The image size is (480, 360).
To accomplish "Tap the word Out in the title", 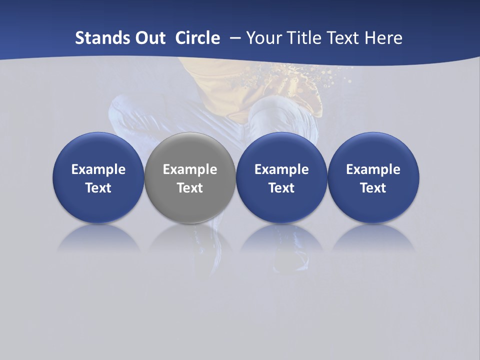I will tap(144, 38).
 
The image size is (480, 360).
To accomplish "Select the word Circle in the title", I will tap(197, 38).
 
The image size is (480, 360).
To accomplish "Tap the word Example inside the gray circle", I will tap(190, 169).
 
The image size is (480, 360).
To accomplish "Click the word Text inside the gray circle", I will tap(190, 188).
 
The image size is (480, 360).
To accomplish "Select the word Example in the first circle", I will tap(98, 169).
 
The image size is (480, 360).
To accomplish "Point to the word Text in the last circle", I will tap(373, 188).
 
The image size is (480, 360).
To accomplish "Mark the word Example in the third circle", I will tap(281, 169).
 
